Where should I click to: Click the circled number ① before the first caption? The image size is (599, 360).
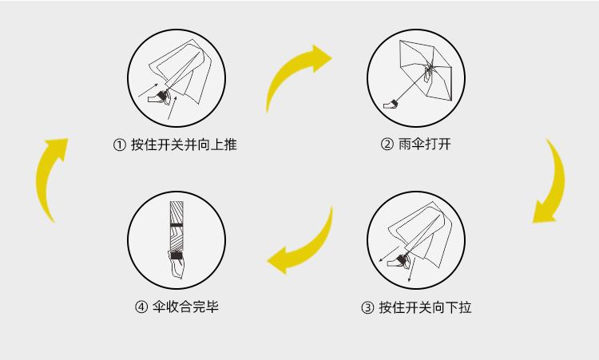[x=120, y=145]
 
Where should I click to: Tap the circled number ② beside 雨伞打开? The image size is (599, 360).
[x=387, y=144]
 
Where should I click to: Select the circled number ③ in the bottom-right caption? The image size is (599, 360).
[x=367, y=307]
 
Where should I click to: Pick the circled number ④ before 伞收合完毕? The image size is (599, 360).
[x=141, y=307]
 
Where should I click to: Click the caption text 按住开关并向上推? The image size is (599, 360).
[x=184, y=144]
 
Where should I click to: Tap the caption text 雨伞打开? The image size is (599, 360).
[x=424, y=144]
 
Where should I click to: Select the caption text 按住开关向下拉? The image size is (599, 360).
[x=425, y=307]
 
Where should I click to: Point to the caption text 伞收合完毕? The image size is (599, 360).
[x=185, y=307]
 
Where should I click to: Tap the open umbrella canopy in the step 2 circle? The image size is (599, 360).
[x=425, y=69]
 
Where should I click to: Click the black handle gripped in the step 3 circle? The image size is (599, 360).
[x=402, y=259]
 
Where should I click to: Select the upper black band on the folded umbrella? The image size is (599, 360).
[x=177, y=224]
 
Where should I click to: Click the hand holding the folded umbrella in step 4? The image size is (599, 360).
[x=177, y=264]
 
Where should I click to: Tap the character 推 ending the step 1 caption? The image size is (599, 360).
[x=230, y=144]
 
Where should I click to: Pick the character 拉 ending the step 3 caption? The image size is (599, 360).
[x=465, y=307]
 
